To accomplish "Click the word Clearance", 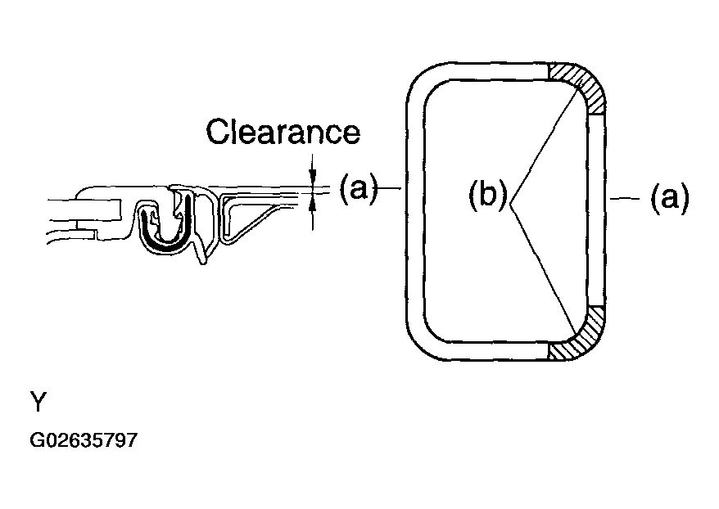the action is [x=283, y=132].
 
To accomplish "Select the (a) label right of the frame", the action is [x=670, y=198].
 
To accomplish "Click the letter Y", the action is [x=38, y=402].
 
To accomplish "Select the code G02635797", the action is [x=84, y=440].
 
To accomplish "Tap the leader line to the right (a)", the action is [x=624, y=199].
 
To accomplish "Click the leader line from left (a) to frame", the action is [x=389, y=187].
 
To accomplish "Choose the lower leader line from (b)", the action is [x=544, y=268].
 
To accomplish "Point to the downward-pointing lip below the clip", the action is [x=201, y=251].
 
